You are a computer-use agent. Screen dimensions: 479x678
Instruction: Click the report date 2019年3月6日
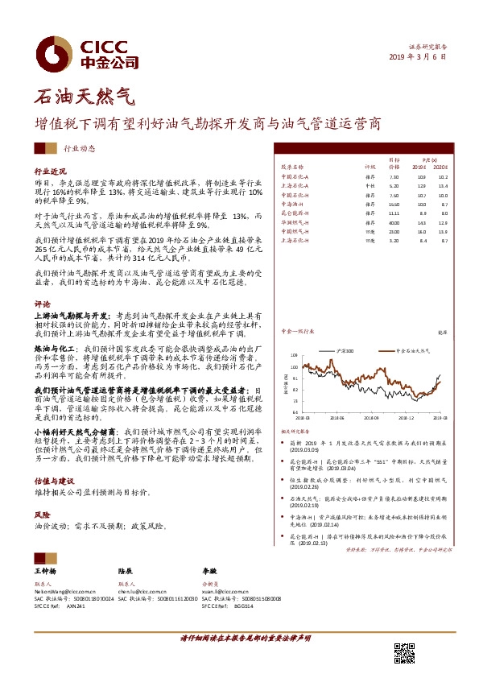417,58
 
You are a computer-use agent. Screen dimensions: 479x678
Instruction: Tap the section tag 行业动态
79,149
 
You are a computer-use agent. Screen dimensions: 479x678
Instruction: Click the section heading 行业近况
49,172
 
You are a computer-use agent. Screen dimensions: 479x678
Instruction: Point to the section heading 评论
42,305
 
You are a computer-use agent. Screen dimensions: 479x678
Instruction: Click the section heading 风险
42,513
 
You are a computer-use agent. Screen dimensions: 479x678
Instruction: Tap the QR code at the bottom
403,652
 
